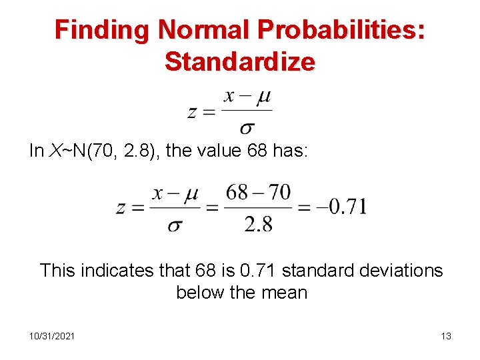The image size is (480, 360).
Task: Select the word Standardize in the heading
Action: tap(240, 61)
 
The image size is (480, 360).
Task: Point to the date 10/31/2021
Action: tap(52, 336)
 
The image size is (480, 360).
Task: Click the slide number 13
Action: tap(446, 336)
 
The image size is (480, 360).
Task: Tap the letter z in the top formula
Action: tap(191, 112)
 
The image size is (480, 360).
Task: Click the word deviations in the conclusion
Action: tap(399, 270)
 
